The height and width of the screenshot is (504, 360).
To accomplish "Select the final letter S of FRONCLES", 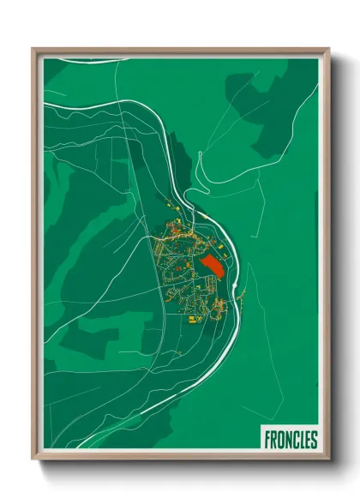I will click(315, 441).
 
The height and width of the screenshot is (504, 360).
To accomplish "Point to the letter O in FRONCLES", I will click(281, 441).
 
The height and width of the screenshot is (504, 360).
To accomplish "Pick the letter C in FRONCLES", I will click(295, 441).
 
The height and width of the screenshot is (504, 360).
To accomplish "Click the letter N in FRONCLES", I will click(288, 441).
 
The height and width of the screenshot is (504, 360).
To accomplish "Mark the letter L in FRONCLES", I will click(302, 441).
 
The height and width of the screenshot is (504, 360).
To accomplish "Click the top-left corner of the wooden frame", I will click(34, 50).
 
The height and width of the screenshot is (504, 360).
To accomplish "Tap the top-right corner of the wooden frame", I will click(328, 50).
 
